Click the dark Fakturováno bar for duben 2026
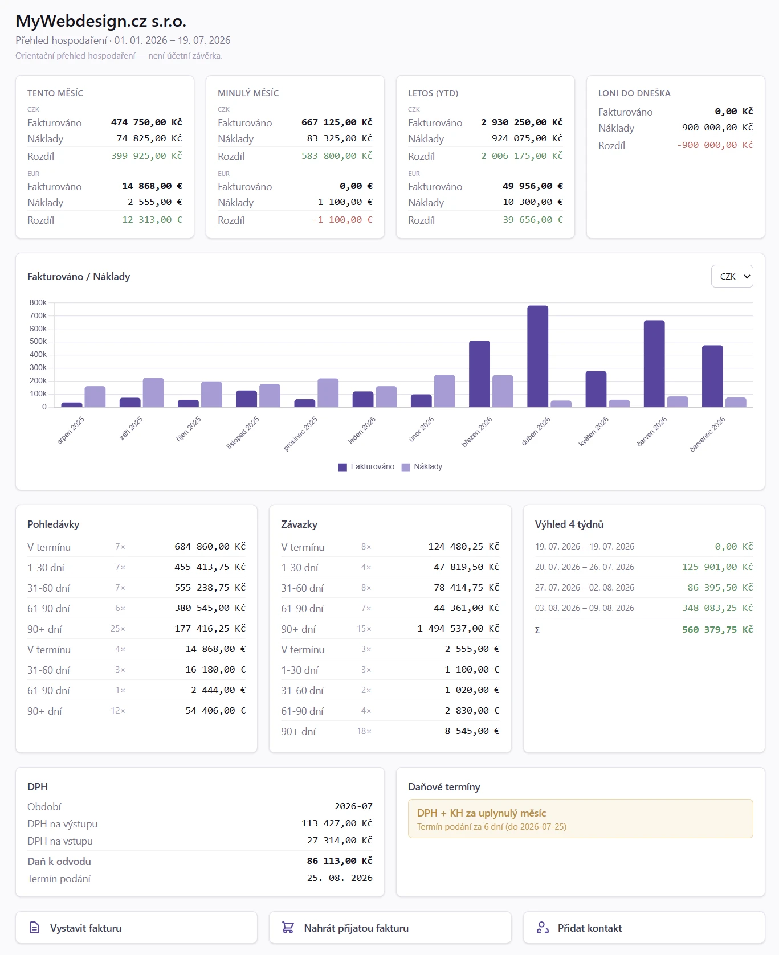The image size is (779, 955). tap(537, 356)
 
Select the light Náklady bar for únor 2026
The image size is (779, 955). tap(444, 391)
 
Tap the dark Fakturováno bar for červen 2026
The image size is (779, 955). tap(654, 364)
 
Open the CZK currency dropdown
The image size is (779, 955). tap(732, 276)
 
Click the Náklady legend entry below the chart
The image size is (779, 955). tap(422, 466)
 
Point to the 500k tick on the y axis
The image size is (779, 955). tap(38, 342)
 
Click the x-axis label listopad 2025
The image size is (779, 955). tap(243, 432)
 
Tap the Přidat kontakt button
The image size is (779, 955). tap(644, 928)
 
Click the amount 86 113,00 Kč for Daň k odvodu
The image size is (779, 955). tap(340, 861)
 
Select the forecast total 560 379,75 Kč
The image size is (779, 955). tap(717, 629)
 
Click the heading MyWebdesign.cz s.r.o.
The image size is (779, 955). tap(101, 21)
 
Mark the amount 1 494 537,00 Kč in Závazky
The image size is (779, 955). tap(458, 629)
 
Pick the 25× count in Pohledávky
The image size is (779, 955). tap(118, 629)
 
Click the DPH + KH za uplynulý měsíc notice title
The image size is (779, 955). tap(482, 813)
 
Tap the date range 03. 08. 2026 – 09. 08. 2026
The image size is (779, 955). tap(585, 608)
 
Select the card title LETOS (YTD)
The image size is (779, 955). tap(433, 93)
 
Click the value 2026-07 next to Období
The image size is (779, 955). tap(353, 806)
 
